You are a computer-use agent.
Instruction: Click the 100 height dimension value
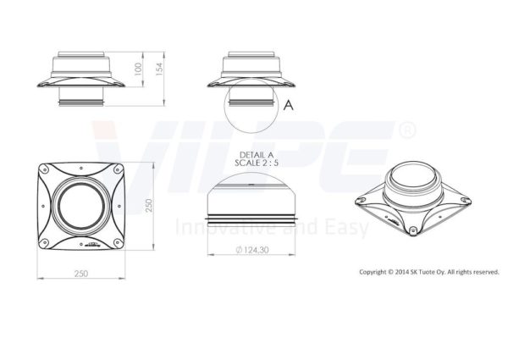point(138,69)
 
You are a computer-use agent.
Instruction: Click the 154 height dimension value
point(159,69)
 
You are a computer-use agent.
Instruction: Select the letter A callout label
point(289,105)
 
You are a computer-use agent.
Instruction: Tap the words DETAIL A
point(257,155)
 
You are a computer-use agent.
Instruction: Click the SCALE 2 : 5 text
point(257,163)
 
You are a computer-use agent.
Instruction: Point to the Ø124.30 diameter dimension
point(252,250)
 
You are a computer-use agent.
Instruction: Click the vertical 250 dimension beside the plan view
point(149,206)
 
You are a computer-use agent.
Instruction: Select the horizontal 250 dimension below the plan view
point(81,274)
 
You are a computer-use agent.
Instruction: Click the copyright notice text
point(429,272)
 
